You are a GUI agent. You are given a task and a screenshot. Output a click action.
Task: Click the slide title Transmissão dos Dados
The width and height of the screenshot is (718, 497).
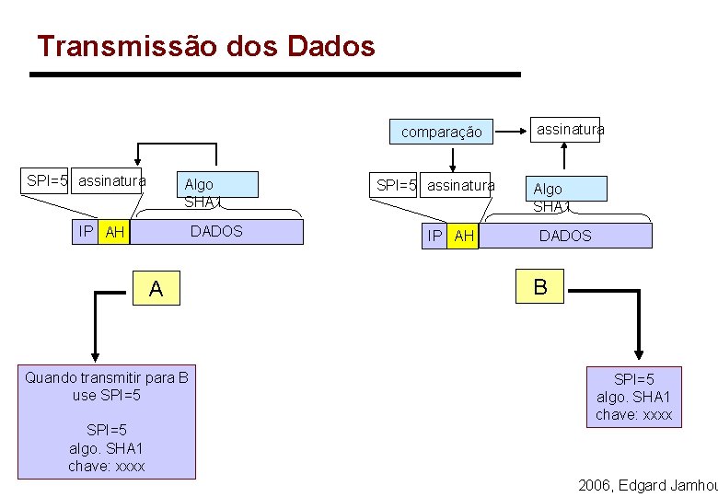(206, 46)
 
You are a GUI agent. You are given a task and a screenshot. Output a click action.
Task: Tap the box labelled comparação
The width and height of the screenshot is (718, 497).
(441, 132)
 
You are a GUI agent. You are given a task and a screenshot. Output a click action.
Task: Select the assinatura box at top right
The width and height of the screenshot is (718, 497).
(571, 129)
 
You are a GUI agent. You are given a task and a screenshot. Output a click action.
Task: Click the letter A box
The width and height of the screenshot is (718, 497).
(156, 289)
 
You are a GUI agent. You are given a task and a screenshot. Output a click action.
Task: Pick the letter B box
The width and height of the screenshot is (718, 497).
(540, 286)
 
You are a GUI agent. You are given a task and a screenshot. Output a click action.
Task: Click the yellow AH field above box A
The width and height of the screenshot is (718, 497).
(115, 232)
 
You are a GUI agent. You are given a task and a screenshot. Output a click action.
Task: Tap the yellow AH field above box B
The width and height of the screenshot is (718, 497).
(465, 237)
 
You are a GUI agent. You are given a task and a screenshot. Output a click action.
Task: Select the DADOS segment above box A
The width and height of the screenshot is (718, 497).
(216, 232)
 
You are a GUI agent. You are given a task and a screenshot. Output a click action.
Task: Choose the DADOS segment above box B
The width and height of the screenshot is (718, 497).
(565, 237)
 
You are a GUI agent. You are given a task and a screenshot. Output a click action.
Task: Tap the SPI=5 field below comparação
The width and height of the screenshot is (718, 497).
(396, 186)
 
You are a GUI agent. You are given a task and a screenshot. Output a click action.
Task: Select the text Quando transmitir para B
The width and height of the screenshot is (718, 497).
(107, 377)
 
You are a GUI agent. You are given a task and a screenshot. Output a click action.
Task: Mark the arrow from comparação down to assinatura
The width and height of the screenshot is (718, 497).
(452, 158)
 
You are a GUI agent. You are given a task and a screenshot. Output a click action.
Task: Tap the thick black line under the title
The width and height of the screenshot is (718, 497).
(276, 74)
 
